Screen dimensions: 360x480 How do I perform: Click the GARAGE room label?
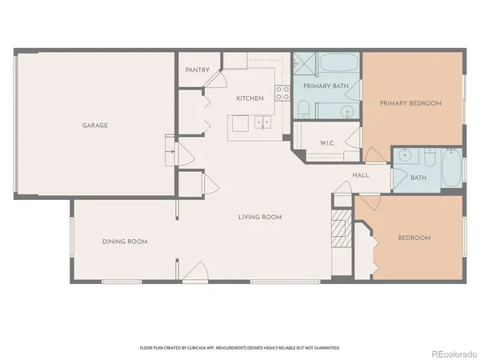pyautogui.click(x=94, y=125)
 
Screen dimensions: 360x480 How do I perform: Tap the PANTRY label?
pyautogui.click(x=197, y=70)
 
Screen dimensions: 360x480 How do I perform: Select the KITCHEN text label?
pyautogui.click(x=250, y=98)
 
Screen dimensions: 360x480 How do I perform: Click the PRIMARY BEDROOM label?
pyautogui.click(x=410, y=103)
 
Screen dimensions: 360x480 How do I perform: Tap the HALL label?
pyautogui.click(x=360, y=175)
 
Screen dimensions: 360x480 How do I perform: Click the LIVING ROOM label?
pyautogui.click(x=260, y=217)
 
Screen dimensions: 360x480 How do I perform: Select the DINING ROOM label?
pyautogui.click(x=124, y=241)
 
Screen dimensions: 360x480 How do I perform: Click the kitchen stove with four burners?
pyautogui.click(x=282, y=93)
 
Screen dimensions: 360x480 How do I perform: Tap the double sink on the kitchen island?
pyautogui.click(x=262, y=123)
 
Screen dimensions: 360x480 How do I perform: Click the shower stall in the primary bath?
pyautogui.click(x=304, y=63)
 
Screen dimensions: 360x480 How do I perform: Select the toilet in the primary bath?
pyautogui.click(x=303, y=110)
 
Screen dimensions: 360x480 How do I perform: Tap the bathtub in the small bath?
pyautogui.click(x=450, y=170)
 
